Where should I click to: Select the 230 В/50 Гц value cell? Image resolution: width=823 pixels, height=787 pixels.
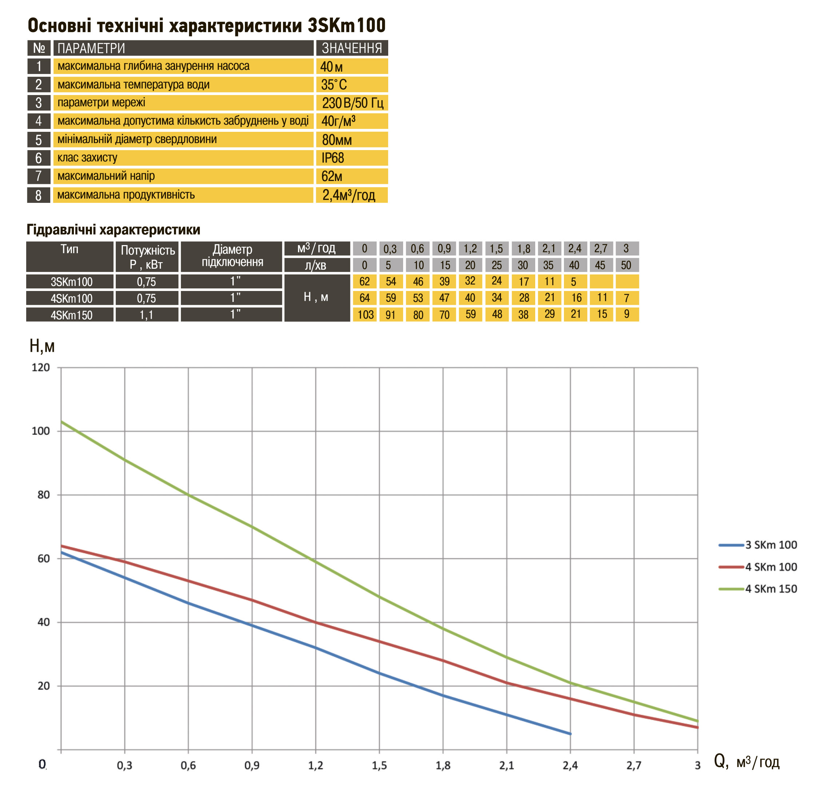pyautogui.click(x=352, y=103)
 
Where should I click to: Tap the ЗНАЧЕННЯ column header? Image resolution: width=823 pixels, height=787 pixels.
pyautogui.click(x=351, y=48)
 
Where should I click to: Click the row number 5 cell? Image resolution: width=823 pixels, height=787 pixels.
pyautogui.click(x=39, y=140)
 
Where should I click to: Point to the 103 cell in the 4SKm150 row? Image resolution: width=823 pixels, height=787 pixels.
pyautogui.click(x=365, y=315)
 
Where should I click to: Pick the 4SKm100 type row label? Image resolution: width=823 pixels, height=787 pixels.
pyautogui.click(x=71, y=298)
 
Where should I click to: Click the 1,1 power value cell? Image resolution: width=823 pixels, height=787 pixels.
pyautogui.click(x=147, y=315)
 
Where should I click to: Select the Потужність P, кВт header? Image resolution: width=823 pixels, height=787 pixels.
pyautogui.click(x=147, y=257)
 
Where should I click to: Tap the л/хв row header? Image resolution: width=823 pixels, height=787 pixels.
pyautogui.click(x=317, y=265)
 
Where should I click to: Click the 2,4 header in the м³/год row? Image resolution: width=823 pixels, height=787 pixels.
pyautogui.click(x=574, y=248)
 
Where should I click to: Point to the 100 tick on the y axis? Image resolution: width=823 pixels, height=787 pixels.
pyautogui.click(x=41, y=431)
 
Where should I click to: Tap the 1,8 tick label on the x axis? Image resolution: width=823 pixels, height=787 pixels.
pyautogui.click(x=443, y=766)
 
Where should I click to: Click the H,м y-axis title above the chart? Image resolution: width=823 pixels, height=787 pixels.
pyautogui.click(x=42, y=346)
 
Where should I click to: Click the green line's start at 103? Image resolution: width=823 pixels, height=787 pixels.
pyautogui.click(x=61, y=422)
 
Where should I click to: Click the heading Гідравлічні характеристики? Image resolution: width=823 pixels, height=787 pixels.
pyautogui.click(x=113, y=229)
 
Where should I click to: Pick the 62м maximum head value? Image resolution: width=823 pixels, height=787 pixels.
pyautogui.click(x=331, y=176)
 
